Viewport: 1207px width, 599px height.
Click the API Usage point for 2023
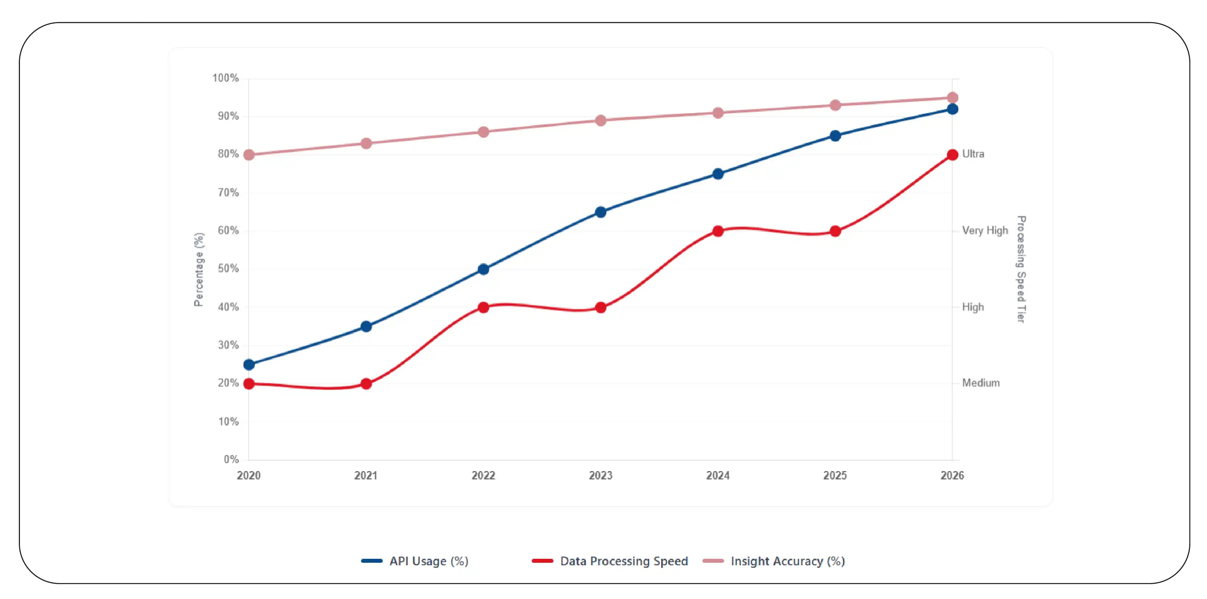coord(600,212)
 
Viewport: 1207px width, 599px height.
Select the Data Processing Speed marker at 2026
coord(952,155)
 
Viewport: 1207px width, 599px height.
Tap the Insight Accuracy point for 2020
coord(249,155)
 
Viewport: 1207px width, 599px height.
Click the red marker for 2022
coord(483,308)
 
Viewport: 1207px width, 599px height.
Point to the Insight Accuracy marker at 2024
coord(718,113)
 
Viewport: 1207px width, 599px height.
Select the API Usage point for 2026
coord(952,109)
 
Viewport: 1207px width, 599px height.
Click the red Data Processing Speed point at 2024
coord(718,231)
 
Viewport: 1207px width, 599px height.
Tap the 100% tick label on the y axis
coord(225,78)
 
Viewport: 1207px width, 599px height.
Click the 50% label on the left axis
coord(228,269)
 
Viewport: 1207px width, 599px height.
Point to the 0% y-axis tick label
coord(231,459)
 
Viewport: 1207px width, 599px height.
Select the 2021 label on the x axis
coord(366,476)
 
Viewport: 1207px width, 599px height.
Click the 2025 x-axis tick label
coord(835,476)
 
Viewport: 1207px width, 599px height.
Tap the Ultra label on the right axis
coord(973,154)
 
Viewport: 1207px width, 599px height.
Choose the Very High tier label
coord(984,230)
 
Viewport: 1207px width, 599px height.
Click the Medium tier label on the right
coord(981,383)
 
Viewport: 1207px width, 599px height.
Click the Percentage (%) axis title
coord(199,269)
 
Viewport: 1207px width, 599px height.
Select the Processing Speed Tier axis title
coord(1021,269)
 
